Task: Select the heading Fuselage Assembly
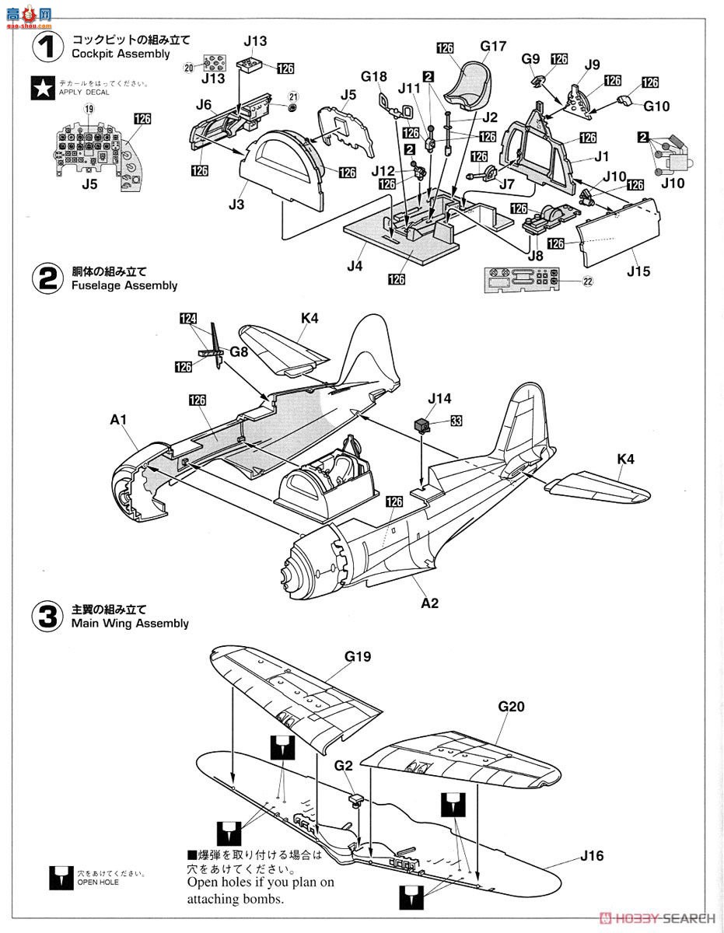coord(124,285)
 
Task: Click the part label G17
coord(492,47)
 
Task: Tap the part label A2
coord(429,603)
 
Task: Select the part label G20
coord(511,706)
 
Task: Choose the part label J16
coord(591,856)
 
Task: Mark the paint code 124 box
coord(188,319)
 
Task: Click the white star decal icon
coord(43,89)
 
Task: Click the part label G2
coord(344,766)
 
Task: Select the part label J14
coord(439,399)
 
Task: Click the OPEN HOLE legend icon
coord(59,877)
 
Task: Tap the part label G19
coord(358,657)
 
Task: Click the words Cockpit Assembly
coord(120,54)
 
